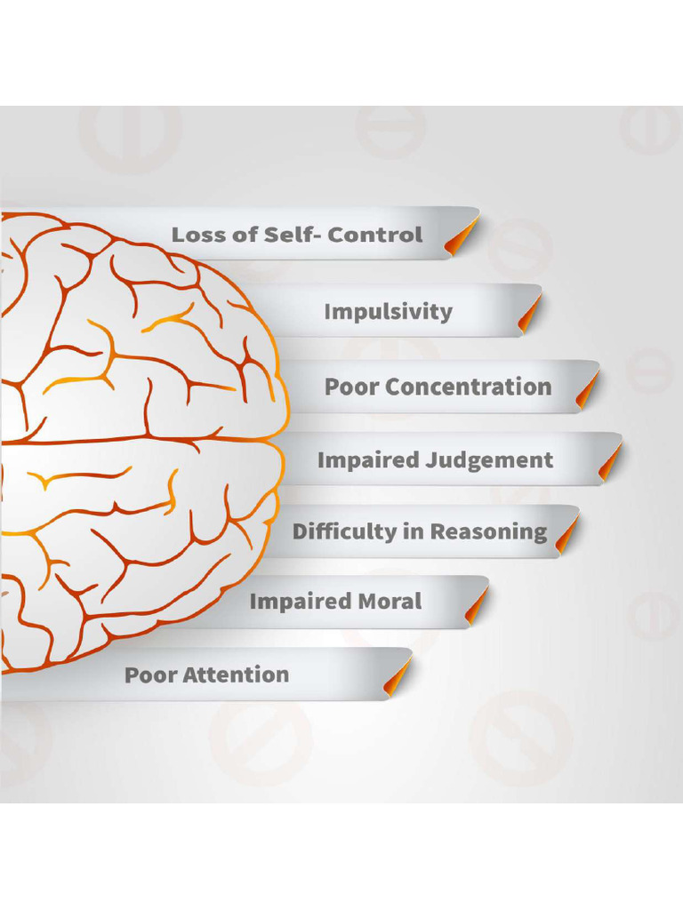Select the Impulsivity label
point(388,312)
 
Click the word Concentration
point(469,387)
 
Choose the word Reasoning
point(488,532)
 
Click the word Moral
point(389,602)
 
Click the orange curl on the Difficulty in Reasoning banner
point(566,534)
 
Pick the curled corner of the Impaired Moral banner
point(477,604)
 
